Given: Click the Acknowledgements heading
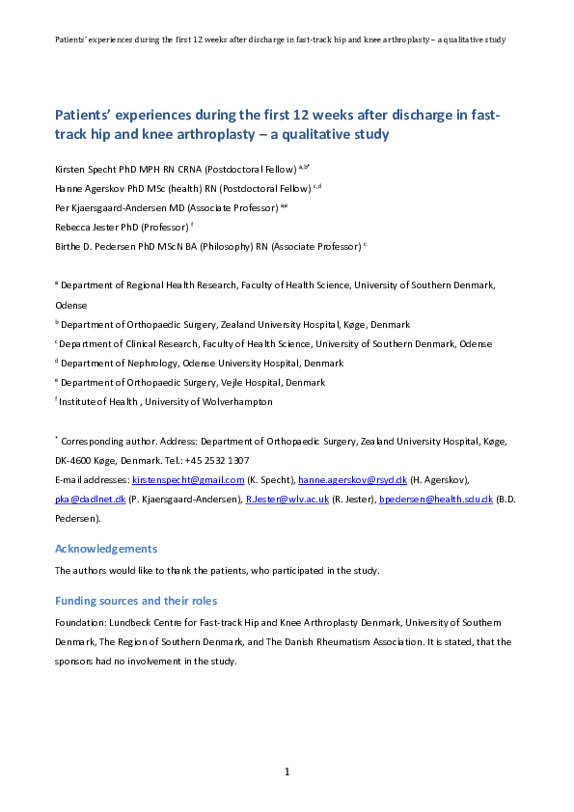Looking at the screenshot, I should pyautogui.click(x=106, y=549).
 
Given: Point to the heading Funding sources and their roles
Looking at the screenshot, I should pyautogui.click(x=136, y=601).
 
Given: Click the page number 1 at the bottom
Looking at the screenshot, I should pyautogui.click(x=287, y=771).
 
